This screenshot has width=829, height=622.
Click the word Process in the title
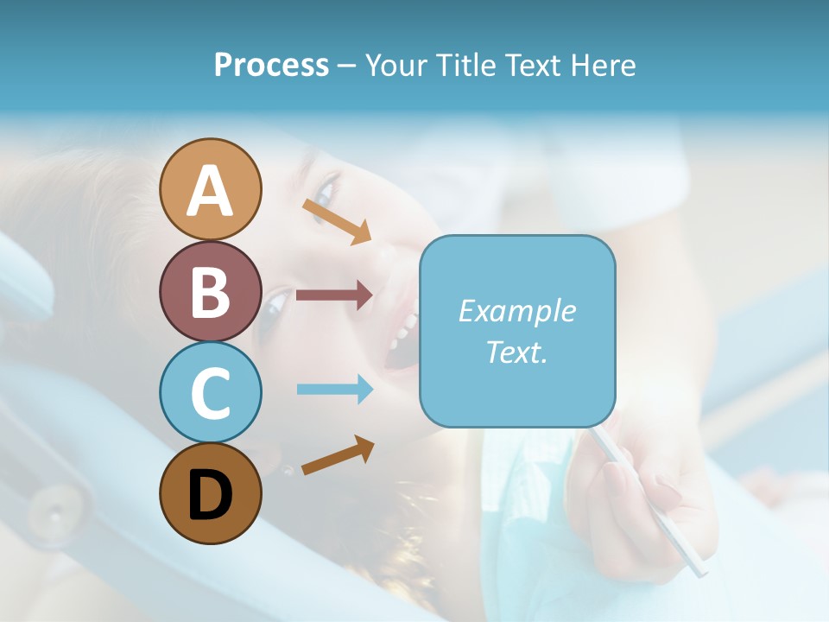271,65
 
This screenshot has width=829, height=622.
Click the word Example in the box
516,311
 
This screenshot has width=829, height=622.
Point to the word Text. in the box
516,352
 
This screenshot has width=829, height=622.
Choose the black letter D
210,496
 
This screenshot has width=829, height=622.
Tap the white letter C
210,393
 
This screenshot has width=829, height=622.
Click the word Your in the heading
397,65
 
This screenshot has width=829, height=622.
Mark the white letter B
210,292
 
